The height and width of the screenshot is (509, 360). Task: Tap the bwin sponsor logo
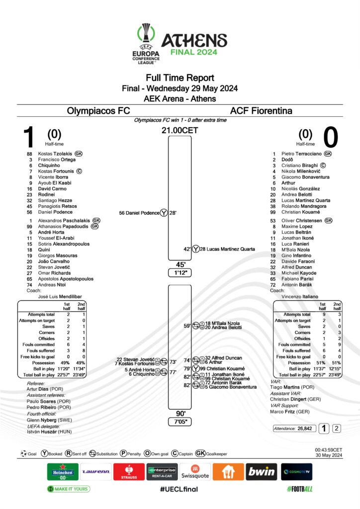[x=261, y=471]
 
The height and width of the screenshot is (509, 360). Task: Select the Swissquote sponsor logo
[x=195, y=471]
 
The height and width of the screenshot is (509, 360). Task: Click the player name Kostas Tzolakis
[x=56, y=154]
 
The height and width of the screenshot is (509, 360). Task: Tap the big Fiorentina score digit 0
[x=331, y=137]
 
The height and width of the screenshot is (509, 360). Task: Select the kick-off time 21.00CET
[x=180, y=131]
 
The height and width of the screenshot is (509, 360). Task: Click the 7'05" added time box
[x=180, y=422]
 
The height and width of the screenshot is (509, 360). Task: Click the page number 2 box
[x=337, y=428]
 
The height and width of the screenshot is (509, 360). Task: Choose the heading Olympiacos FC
[x=98, y=111]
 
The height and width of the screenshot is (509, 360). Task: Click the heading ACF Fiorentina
[x=261, y=111]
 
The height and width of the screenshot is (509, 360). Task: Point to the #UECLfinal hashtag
[x=179, y=489]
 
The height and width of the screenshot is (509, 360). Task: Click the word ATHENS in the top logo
[x=194, y=40]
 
